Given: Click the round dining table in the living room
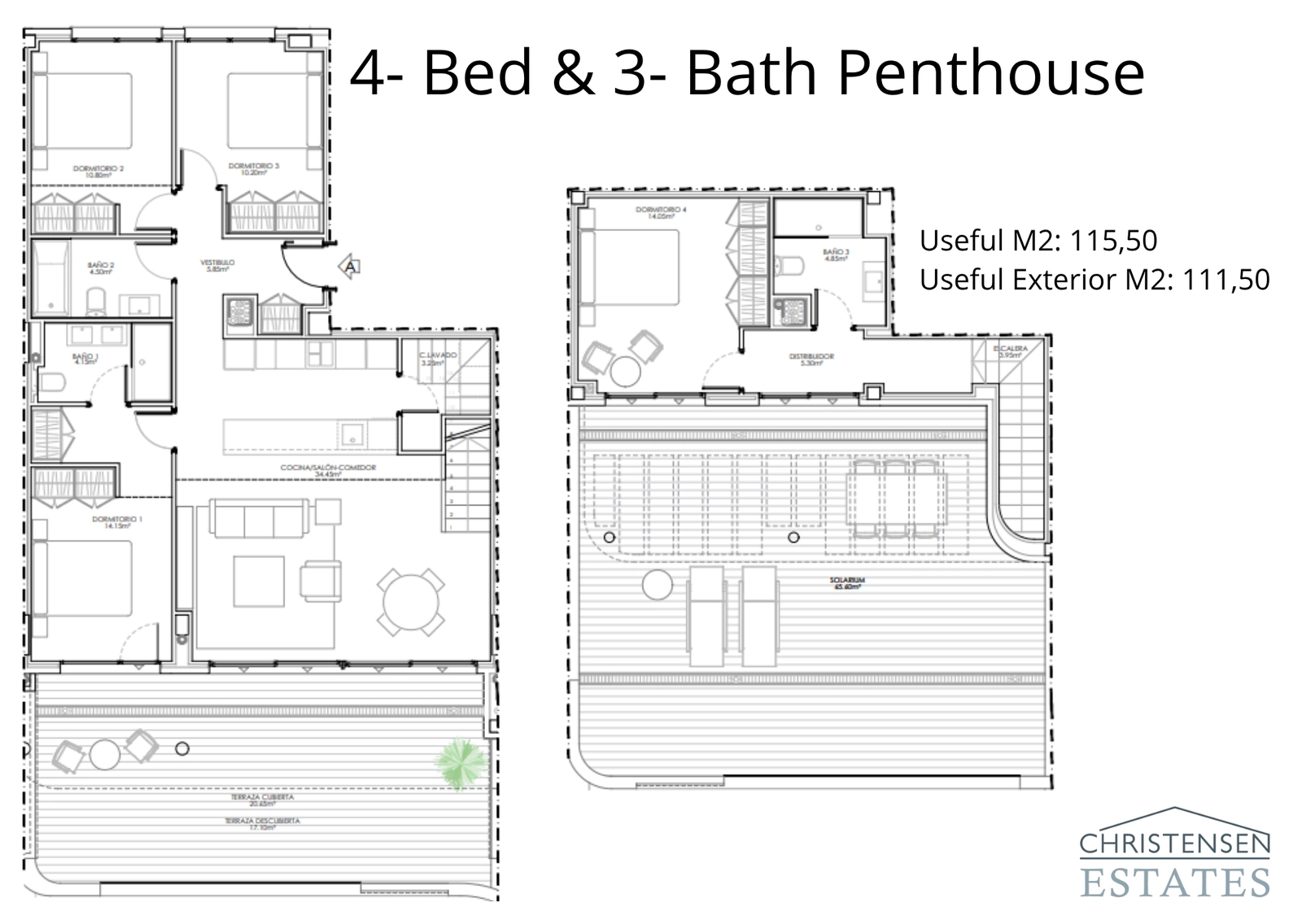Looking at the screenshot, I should coord(411,603).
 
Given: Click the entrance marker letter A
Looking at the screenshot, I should coord(350,266).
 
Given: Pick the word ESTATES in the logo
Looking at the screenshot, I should coord(1175,883).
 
